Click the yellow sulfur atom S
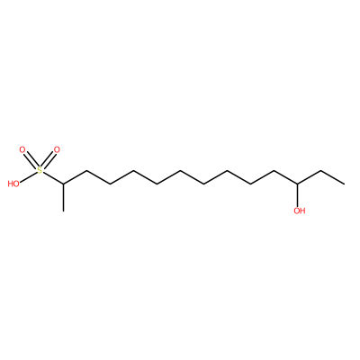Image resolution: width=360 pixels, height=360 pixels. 40,171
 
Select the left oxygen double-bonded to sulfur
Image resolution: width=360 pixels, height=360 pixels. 22,149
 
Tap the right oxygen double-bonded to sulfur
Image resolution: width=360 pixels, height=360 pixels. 57,149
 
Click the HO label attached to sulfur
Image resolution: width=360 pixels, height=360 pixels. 13,184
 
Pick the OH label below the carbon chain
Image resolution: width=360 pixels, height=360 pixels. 300,211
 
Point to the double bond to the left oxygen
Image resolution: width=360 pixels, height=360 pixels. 31,160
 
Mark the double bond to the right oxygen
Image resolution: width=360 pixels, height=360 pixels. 49,160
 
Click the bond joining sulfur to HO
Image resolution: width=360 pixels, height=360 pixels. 29,177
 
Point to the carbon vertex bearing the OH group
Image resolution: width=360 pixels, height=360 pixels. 298,184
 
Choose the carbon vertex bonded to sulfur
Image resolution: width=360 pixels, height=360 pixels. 63,184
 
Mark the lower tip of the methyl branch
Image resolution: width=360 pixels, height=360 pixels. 63,211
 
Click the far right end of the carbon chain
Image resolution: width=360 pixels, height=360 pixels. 345,184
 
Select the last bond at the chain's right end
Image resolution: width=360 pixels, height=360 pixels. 333,177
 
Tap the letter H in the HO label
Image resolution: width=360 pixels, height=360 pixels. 11,184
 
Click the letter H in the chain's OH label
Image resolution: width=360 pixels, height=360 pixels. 302,211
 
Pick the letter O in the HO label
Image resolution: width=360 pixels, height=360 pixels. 16,184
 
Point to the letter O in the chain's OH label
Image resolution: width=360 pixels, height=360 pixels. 296,211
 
